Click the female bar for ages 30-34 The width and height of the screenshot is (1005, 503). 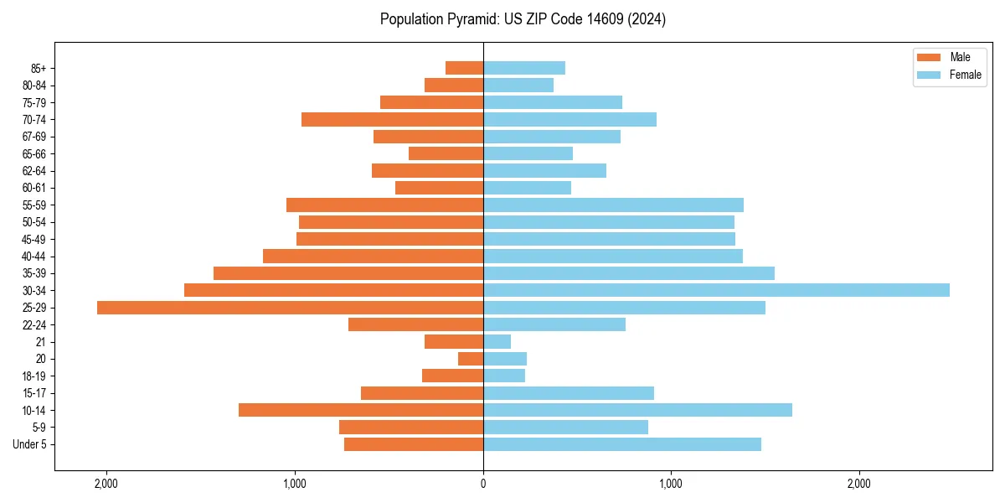click(x=716, y=290)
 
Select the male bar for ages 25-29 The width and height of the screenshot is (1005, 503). click(x=290, y=308)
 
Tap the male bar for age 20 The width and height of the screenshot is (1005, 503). click(x=471, y=359)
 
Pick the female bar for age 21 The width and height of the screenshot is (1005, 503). click(x=497, y=342)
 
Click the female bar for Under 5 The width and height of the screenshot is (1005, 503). click(x=621, y=444)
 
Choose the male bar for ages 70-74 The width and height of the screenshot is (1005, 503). click(x=392, y=120)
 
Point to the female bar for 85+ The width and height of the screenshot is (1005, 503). click(x=523, y=68)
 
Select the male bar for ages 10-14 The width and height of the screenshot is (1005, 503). click(x=361, y=410)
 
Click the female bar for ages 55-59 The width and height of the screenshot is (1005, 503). click(x=613, y=205)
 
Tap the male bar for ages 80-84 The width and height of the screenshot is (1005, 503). click(x=454, y=86)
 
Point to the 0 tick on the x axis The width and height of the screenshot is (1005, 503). click(x=483, y=484)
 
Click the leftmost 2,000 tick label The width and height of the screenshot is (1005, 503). click(x=106, y=484)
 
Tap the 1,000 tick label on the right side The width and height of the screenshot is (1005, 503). click(x=671, y=484)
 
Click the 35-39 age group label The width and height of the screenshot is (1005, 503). click(x=33, y=273)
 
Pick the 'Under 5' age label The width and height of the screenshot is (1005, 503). click(x=29, y=444)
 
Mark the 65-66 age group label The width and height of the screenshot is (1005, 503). click(x=33, y=154)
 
